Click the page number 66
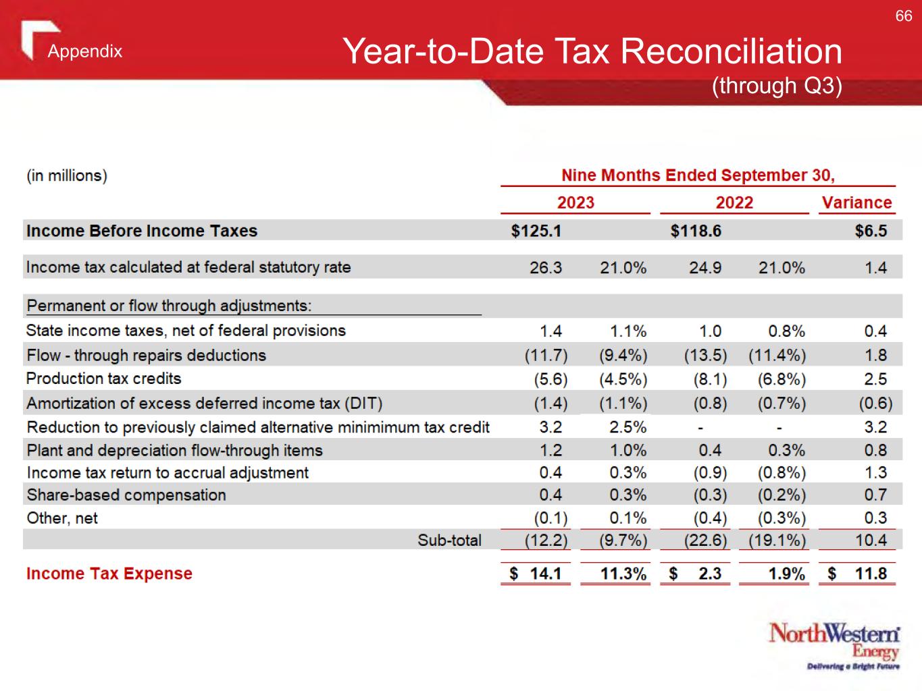pyautogui.click(x=903, y=16)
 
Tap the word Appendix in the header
pyautogui.click(x=85, y=51)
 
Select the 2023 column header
pyautogui.click(x=575, y=202)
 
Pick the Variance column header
pyautogui.click(x=856, y=202)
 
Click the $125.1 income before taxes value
pyautogui.click(x=536, y=231)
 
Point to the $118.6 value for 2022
pyautogui.click(x=695, y=231)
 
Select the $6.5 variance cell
pyautogui.click(x=871, y=231)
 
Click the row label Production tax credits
pyautogui.click(x=104, y=379)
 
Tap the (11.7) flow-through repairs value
pyautogui.click(x=546, y=355)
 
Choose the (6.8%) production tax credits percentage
pyautogui.click(x=782, y=379)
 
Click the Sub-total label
pyautogui.click(x=449, y=540)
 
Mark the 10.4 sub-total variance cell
pyautogui.click(x=871, y=540)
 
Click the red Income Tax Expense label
pyautogui.click(x=109, y=574)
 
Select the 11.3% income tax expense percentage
pyautogui.click(x=623, y=574)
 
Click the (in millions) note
pyautogui.click(x=67, y=176)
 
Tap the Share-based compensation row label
pyautogui.click(x=126, y=495)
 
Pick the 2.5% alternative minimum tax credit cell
pyautogui.click(x=628, y=427)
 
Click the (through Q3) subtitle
pyautogui.click(x=777, y=86)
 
